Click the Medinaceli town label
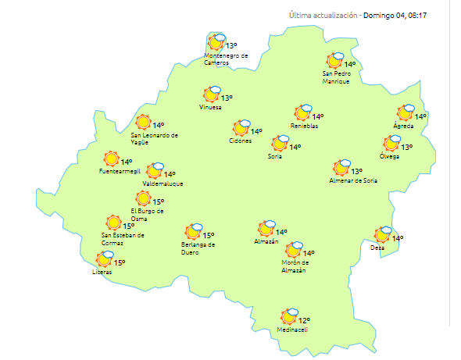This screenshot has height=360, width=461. [292, 330]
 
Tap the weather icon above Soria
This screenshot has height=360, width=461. [279, 144]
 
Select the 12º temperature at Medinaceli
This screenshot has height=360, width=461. [304, 320]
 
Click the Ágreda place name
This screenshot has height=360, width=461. [403, 126]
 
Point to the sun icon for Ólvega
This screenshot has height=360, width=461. [391, 144]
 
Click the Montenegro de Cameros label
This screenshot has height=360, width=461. [226, 59]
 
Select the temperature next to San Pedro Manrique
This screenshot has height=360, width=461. [349, 65]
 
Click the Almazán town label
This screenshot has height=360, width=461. [266, 242]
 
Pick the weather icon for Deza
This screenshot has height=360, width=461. [382, 235]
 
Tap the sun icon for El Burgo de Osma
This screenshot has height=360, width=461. [143, 199]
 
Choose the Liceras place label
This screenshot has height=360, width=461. [102, 272]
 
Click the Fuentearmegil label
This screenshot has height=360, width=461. [120, 171]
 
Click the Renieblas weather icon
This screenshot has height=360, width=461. [302, 114]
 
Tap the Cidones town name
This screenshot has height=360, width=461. [241, 141]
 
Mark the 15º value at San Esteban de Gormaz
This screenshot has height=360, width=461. [129, 226]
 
